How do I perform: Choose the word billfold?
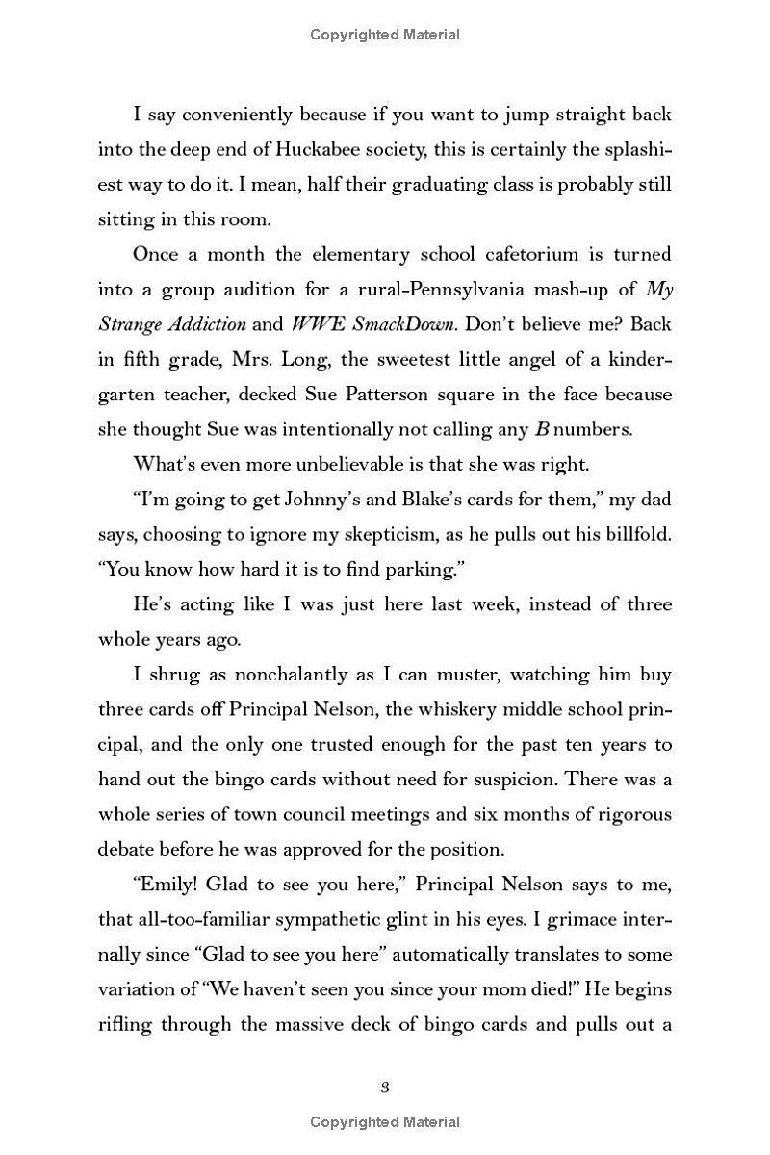coord(636,534)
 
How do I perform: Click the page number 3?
coord(384,1088)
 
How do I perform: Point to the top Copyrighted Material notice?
coord(384,35)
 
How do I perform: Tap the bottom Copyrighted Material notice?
coord(384,1122)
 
